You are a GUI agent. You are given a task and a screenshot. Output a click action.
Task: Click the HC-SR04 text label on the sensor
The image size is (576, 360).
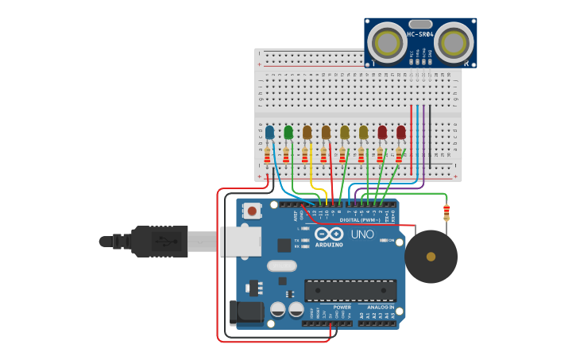point(420,34)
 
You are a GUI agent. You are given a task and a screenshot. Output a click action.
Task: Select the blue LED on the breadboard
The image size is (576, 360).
point(270,132)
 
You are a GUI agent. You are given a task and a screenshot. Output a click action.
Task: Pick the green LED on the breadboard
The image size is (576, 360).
point(288,132)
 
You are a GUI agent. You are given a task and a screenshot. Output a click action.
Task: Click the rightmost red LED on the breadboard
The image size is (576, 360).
point(401,132)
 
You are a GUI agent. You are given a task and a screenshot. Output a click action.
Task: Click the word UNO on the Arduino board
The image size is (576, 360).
point(362,234)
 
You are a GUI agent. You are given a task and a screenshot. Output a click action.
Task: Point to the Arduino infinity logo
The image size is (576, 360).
point(329,234)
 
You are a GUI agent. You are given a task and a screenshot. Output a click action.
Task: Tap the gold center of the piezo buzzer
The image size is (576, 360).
point(431,257)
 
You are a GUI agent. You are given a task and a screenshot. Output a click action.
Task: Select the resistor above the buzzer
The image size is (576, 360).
point(446,211)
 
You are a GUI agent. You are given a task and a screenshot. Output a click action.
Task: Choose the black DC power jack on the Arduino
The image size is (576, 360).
point(246,312)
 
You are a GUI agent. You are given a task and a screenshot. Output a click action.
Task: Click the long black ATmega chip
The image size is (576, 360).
point(350,291)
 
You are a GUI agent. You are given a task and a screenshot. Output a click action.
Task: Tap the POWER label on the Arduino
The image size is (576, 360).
point(342,307)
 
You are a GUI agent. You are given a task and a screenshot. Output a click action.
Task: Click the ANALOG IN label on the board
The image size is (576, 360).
point(380,307)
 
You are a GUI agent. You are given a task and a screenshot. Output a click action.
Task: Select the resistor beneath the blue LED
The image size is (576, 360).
point(267,156)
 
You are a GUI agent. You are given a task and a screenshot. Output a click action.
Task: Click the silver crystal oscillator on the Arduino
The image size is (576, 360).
point(281,265)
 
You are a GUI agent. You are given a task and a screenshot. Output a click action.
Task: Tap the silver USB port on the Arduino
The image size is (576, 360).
point(240,242)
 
